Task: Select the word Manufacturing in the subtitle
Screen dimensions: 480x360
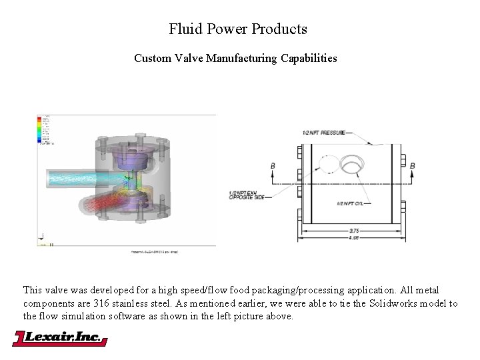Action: (x=237, y=58)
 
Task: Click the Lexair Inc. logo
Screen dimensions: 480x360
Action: (x=60, y=338)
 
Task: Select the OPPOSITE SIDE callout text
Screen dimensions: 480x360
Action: (x=247, y=197)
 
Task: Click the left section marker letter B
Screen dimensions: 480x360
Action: (x=273, y=165)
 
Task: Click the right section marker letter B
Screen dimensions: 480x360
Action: (x=413, y=165)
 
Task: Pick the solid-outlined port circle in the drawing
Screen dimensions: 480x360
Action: (x=351, y=164)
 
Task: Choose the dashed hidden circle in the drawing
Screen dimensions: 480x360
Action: (x=327, y=165)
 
